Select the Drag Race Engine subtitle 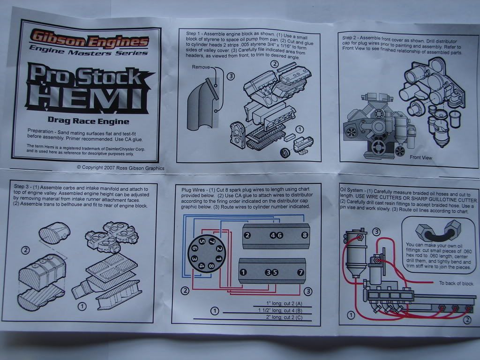pyautogui.click(x=88, y=121)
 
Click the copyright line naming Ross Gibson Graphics pyautogui.click(x=120, y=167)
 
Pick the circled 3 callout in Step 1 pyautogui.click(x=230, y=75)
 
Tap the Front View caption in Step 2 pyautogui.click(x=420, y=157)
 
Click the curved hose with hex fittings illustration pyautogui.click(x=435, y=232)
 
